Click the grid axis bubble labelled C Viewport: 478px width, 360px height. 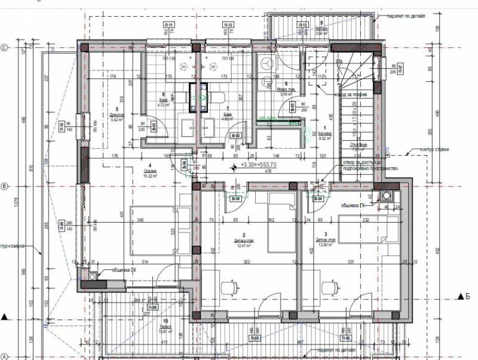pos(4,48)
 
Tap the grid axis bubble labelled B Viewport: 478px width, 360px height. pos(4,187)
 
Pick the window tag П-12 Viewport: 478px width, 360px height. pos(228,24)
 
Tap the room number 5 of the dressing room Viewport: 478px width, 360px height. pos(116,109)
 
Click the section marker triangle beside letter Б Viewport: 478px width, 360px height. pos(460,296)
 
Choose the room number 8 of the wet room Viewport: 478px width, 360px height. pos(286,84)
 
